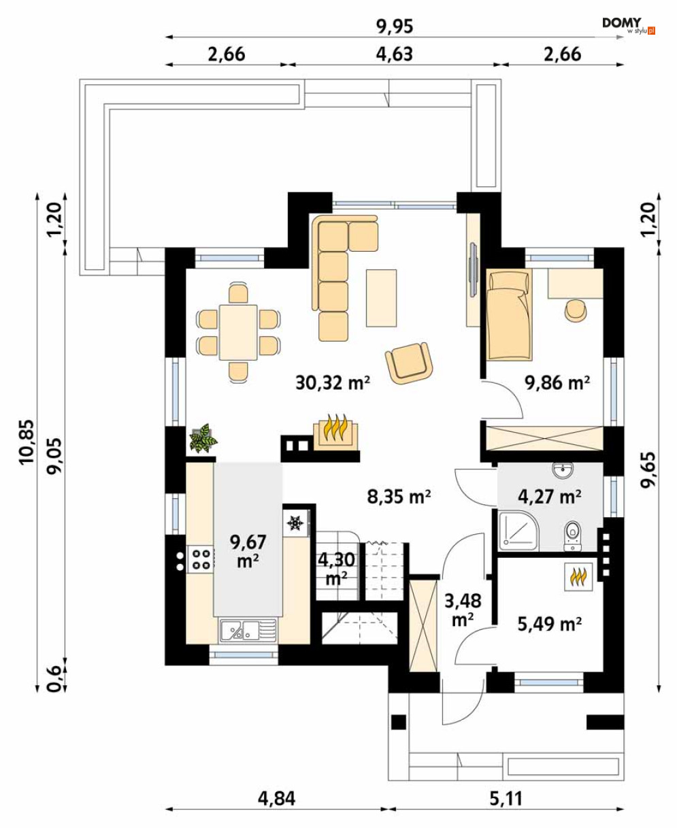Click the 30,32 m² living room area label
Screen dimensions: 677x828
(x=333, y=382)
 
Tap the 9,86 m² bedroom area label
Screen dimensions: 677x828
(x=557, y=382)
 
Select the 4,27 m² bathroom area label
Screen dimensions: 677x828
(x=549, y=497)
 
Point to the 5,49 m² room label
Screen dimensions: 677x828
(x=549, y=623)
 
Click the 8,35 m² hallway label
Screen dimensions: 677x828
(x=399, y=497)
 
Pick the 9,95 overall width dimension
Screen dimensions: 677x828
(x=395, y=27)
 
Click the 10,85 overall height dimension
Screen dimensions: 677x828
(x=27, y=442)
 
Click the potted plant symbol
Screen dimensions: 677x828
(x=203, y=439)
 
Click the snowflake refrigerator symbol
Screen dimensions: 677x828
(x=295, y=523)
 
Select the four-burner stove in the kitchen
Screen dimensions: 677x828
(x=201, y=559)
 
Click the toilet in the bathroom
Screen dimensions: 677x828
(x=572, y=535)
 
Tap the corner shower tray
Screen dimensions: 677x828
(x=518, y=531)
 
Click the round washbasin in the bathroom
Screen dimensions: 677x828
(x=563, y=470)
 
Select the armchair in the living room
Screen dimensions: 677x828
(x=409, y=363)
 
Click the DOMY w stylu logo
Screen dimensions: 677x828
(x=628, y=26)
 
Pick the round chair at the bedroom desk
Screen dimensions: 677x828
(x=576, y=311)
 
